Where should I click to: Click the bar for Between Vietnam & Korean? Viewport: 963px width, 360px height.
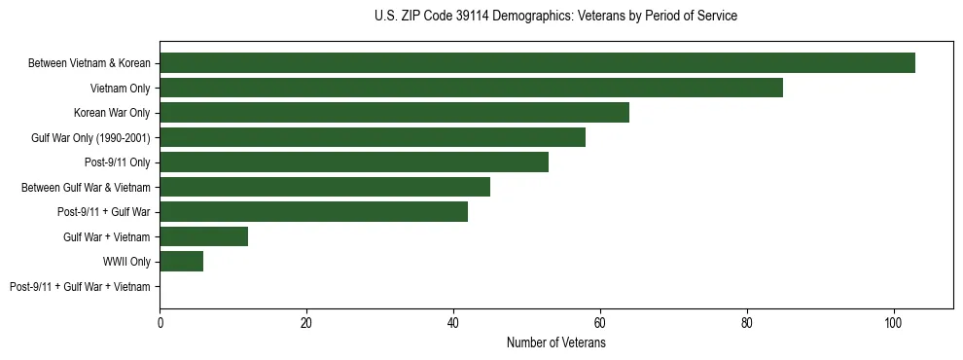[537, 63]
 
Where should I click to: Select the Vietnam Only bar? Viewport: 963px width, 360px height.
[471, 88]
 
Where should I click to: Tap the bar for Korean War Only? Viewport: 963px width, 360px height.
[394, 113]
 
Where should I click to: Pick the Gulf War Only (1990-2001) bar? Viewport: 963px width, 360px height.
[373, 137]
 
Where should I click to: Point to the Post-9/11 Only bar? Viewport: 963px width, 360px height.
[354, 162]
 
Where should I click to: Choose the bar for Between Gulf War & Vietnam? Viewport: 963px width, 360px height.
[325, 187]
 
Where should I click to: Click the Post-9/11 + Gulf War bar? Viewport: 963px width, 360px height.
[313, 212]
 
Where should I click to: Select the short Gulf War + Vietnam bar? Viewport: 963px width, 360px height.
[203, 236]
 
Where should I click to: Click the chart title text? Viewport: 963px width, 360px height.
[555, 17]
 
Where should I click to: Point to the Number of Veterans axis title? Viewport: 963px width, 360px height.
[555, 342]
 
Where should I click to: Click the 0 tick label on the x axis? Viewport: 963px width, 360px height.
[160, 323]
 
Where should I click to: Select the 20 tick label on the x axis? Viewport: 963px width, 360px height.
[306, 323]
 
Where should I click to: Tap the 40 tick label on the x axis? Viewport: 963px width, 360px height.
[453, 323]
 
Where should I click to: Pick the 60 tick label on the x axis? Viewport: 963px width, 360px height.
[600, 323]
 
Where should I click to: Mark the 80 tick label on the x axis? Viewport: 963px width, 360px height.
[747, 323]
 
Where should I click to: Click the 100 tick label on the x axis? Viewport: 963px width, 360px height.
[893, 323]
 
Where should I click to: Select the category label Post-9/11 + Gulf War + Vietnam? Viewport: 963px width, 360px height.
[80, 287]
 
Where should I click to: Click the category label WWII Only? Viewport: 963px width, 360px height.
[126, 262]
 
